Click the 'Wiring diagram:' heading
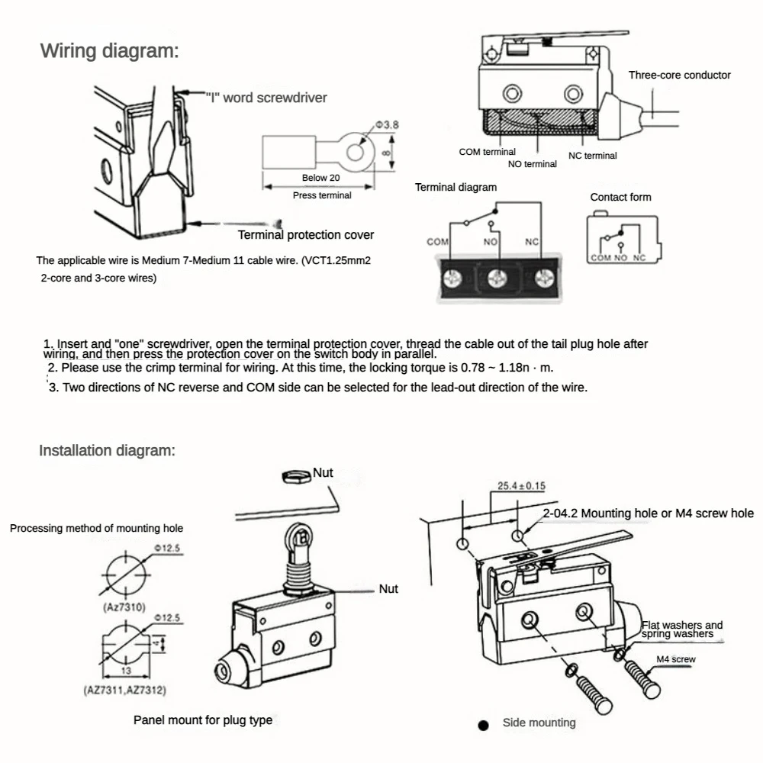pos(110,52)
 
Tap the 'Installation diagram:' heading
pos(108,450)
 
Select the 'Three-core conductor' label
pos(679,75)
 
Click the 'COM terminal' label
pos(487,152)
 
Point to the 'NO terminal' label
pos(532,164)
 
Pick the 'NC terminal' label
pos(592,156)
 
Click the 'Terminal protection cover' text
pos(306,234)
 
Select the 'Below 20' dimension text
pos(320,178)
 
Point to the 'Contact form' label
pos(620,197)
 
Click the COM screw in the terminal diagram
pos(452,275)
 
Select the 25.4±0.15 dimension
pos(521,485)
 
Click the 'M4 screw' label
pos(675,659)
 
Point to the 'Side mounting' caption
pos(539,723)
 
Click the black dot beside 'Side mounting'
pos(482,726)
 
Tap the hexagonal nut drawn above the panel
pos(293,475)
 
